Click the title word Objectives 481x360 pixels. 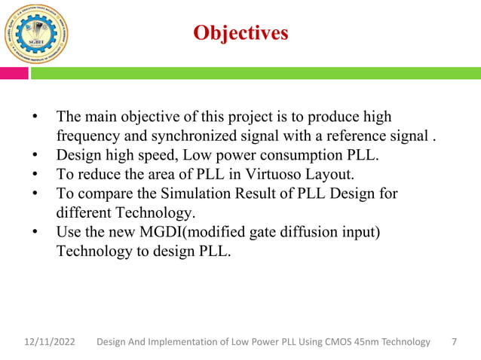pyautogui.click(x=240, y=33)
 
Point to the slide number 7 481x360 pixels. pyautogui.click(x=454, y=343)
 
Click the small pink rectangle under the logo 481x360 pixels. pyautogui.click(x=14, y=73)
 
